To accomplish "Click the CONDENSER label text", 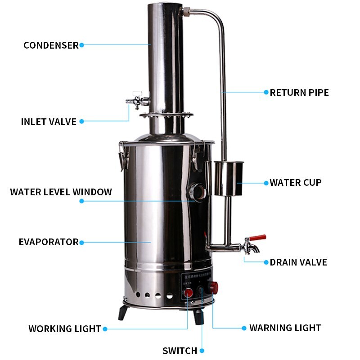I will click(x=51, y=45).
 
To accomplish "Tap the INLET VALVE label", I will click(x=49, y=122).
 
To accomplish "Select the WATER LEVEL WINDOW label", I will click(x=61, y=192).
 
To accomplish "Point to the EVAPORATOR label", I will click(x=49, y=242).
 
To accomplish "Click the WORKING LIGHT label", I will click(x=64, y=329).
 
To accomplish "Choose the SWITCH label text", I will click(x=180, y=351).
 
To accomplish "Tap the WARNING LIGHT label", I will click(x=285, y=328).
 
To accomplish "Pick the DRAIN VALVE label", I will click(x=298, y=262).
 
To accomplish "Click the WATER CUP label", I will click(x=296, y=183).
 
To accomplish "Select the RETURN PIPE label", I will click(x=299, y=93).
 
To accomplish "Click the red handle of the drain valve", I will click(x=258, y=238).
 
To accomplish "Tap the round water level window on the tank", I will click(x=197, y=191).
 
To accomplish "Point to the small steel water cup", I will click(x=228, y=179).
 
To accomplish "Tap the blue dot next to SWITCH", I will click(x=202, y=351).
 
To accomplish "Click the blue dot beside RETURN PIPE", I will click(x=266, y=92).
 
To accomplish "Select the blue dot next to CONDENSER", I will click(x=81, y=45).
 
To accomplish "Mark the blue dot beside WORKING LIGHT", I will click(x=105, y=329).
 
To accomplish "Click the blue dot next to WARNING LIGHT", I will click(x=244, y=328).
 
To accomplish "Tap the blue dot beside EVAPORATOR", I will click(x=81, y=242).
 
